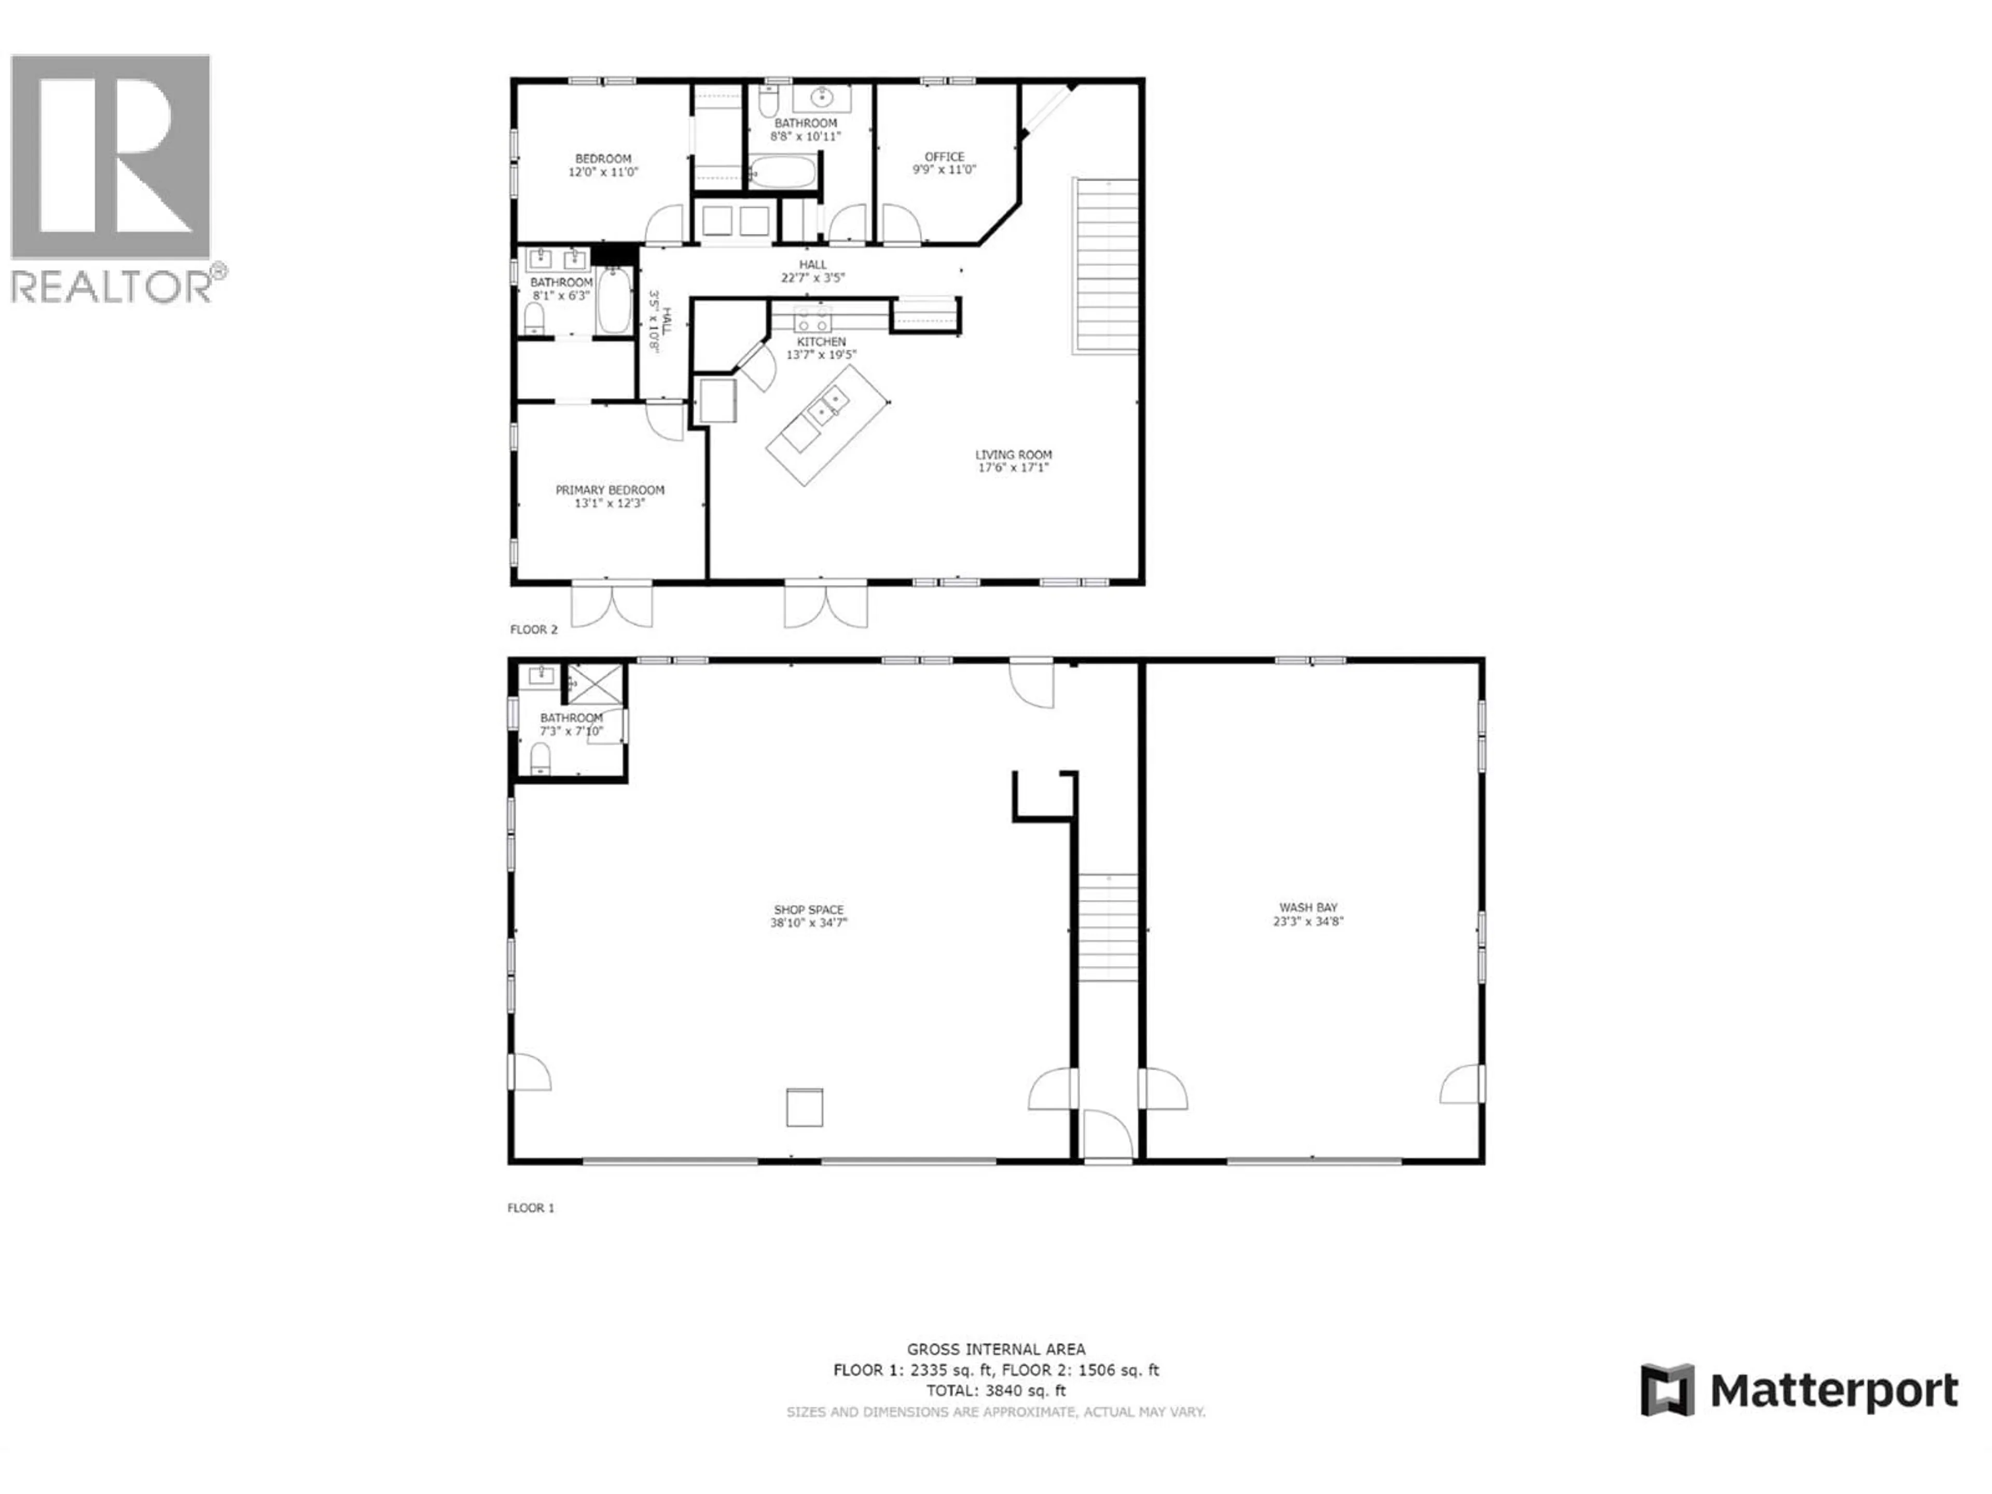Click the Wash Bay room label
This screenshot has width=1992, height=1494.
click(x=1308, y=908)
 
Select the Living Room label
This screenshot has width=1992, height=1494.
click(x=1013, y=455)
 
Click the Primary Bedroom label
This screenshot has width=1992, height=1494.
click(x=610, y=490)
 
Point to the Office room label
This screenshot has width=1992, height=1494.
click(x=944, y=157)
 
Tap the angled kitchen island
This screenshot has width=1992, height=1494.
click(x=827, y=424)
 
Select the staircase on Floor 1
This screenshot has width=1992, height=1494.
click(x=1109, y=928)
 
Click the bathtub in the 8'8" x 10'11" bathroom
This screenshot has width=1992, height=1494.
click(x=783, y=171)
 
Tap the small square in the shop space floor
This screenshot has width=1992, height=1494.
click(x=804, y=1107)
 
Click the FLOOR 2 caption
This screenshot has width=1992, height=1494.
click(x=534, y=629)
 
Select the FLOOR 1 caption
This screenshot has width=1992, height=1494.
click(x=530, y=1208)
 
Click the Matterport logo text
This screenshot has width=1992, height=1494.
click(x=1833, y=1390)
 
